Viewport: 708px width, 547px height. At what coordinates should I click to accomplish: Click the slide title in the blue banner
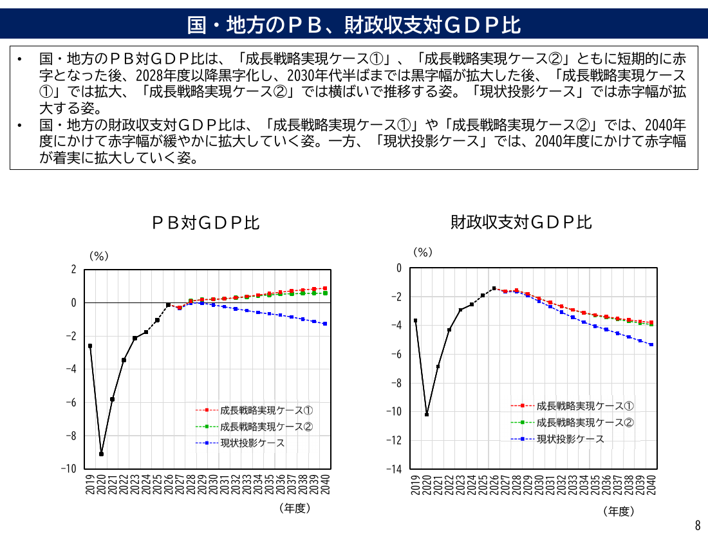[354, 25]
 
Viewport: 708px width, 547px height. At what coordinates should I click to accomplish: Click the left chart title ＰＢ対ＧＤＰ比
[205, 223]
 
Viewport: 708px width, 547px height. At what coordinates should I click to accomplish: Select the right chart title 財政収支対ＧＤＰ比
[521, 222]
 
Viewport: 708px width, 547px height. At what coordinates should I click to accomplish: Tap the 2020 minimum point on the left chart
[101, 454]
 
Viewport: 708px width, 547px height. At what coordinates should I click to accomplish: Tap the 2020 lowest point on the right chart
[427, 414]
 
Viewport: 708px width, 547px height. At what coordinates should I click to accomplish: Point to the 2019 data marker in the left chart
[90, 346]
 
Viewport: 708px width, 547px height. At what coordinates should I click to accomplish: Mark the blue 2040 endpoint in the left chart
[325, 324]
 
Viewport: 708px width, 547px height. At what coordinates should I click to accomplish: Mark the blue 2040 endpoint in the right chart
[651, 344]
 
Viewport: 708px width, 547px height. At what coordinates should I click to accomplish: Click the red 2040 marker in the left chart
[325, 288]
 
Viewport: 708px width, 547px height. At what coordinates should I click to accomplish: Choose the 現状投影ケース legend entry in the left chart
[240, 443]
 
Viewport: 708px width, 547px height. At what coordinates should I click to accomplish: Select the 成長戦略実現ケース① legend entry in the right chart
[572, 405]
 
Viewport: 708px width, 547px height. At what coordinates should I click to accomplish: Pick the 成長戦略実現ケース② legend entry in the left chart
[254, 427]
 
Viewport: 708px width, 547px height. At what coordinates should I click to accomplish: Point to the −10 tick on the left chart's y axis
[69, 468]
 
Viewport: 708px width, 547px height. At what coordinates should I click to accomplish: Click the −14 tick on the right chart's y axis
[394, 469]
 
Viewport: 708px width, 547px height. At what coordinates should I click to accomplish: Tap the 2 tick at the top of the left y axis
[73, 270]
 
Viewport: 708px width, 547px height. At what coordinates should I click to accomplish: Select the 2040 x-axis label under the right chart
[651, 485]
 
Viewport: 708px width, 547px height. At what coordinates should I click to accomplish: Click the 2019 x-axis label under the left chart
[90, 484]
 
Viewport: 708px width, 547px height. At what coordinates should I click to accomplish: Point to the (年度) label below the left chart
[295, 508]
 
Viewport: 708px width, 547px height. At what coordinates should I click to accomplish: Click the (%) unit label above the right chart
[423, 252]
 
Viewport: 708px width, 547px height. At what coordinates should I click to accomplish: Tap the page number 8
[698, 525]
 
